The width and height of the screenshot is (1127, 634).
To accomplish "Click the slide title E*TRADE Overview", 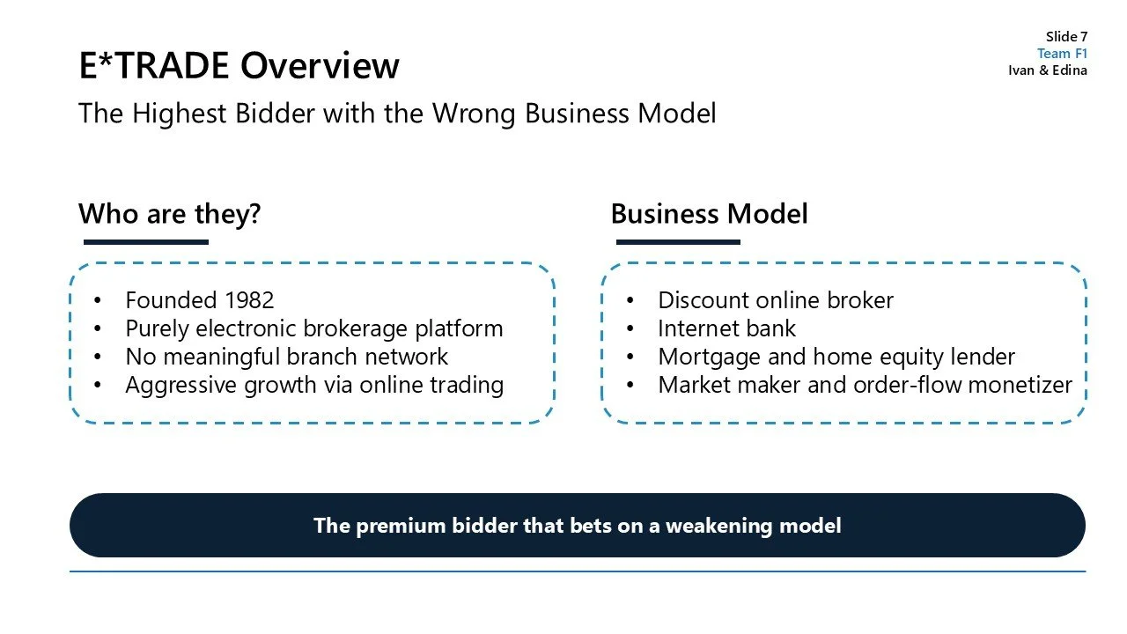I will pyautogui.click(x=239, y=66).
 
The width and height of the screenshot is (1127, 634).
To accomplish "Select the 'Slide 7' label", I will pyautogui.click(x=1066, y=36).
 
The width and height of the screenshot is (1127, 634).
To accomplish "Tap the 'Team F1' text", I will pyautogui.click(x=1062, y=54).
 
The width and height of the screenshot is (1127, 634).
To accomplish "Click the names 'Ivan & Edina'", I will pyautogui.click(x=1047, y=70).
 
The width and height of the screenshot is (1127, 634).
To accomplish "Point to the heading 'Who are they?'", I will pyautogui.click(x=170, y=214).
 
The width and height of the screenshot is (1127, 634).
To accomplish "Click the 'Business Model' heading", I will pyautogui.click(x=709, y=214).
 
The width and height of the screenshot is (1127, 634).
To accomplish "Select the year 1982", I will pyautogui.click(x=249, y=300).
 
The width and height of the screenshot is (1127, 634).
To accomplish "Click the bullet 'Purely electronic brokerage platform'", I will pyautogui.click(x=314, y=328).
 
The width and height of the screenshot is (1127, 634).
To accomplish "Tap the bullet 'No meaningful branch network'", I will pyautogui.click(x=287, y=357).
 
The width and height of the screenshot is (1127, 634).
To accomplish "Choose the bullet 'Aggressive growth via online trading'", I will pyautogui.click(x=314, y=385).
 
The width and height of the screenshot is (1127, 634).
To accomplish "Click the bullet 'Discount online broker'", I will pyautogui.click(x=776, y=300).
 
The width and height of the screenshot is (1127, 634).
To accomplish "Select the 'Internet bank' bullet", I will pyautogui.click(x=726, y=328).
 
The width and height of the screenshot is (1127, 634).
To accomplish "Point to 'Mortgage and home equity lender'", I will pyautogui.click(x=836, y=357).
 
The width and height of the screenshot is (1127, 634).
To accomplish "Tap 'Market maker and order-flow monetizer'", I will pyautogui.click(x=865, y=385).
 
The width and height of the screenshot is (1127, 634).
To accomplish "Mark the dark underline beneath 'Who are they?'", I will pyautogui.click(x=145, y=242).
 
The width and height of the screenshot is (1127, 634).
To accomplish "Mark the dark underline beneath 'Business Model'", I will pyautogui.click(x=678, y=242).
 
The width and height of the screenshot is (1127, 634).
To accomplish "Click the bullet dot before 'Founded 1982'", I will pyautogui.click(x=98, y=301).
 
